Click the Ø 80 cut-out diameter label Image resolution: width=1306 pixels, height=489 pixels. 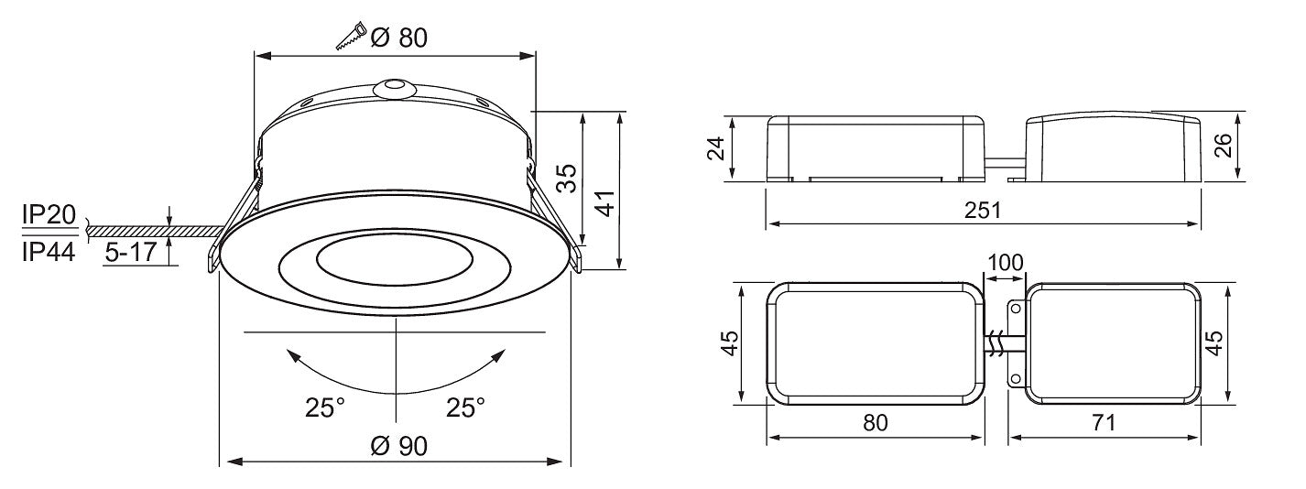click(399, 37)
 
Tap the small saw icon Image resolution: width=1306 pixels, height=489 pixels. click(350, 38)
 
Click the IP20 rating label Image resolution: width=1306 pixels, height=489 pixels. click(49, 215)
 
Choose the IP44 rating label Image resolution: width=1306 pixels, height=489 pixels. click(49, 253)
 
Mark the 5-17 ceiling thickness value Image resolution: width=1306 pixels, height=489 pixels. click(130, 254)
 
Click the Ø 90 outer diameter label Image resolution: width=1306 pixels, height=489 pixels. click(399, 446)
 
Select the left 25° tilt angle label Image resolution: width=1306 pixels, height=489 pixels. click(325, 407)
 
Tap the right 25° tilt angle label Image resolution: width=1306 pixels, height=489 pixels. click(465, 407)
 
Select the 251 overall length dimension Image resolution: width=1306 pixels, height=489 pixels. click(982, 210)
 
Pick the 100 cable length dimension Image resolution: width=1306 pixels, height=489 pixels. click(1005, 262)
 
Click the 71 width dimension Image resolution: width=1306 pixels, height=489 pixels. click(1104, 422)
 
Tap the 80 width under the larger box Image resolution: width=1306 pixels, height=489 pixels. click(876, 422)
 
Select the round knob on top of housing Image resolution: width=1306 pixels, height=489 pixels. click(393, 89)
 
